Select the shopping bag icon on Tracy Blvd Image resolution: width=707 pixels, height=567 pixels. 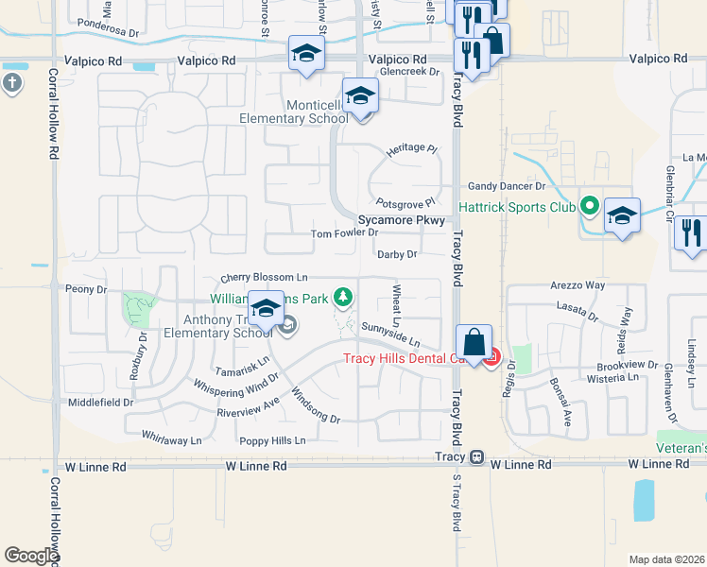(474, 345)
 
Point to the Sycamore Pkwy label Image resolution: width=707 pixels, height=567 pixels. (401, 219)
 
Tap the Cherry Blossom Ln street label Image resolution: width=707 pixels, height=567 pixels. (265, 278)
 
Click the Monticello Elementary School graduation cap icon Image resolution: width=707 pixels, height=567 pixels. (360, 96)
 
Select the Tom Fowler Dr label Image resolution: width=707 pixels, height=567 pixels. (345, 233)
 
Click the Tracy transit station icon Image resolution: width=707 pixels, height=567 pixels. (477, 457)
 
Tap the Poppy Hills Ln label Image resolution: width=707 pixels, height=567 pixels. (272, 440)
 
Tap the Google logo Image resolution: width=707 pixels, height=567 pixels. (31, 556)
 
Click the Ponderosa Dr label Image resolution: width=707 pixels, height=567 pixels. (108, 30)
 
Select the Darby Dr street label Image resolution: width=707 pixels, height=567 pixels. (397, 254)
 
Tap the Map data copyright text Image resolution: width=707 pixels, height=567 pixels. (666, 559)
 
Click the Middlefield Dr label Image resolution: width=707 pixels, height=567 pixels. (101, 403)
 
